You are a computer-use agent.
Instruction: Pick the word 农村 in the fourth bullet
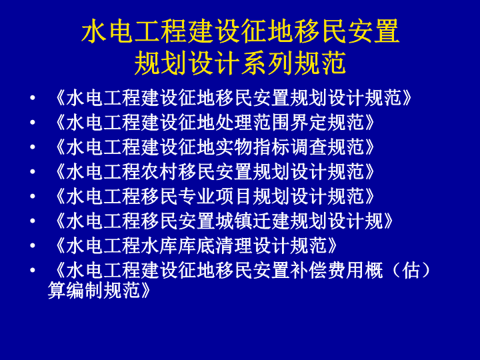(x=159, y=171)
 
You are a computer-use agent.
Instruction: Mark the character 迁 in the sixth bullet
(x=262, y=221)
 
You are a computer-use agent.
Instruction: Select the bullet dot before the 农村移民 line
(x=33, y=172)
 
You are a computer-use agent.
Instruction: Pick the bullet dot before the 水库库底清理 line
(x=33, y=245)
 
